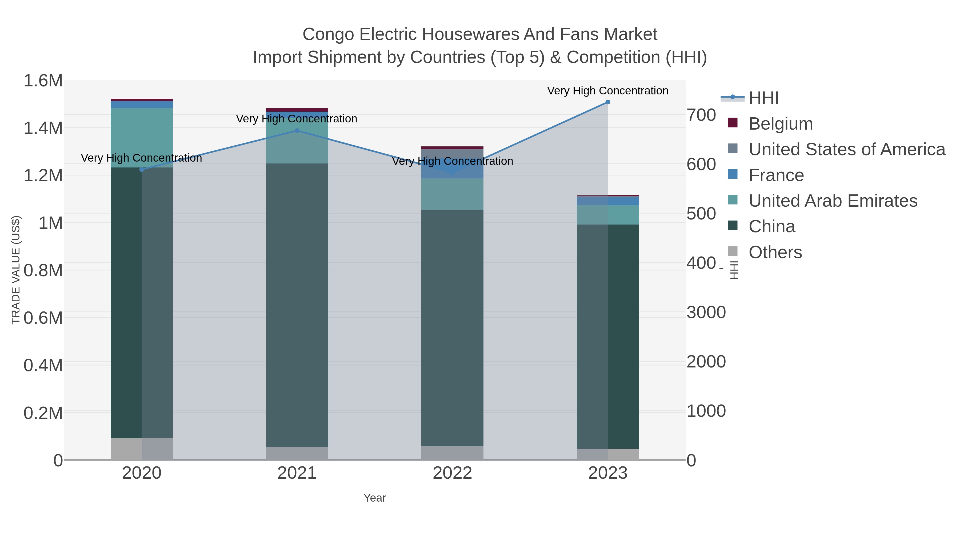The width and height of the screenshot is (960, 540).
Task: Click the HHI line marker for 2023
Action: [608, 102]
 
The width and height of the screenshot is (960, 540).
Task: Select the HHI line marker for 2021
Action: [297, 131]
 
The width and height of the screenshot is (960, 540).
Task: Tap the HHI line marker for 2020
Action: [142, 170]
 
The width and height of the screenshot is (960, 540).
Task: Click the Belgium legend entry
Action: [780, 124]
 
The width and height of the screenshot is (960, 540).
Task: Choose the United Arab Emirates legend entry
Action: [833, 201]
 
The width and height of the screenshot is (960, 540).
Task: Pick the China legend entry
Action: [771, 227]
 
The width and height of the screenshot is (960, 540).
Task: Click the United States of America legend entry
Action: [846, 149]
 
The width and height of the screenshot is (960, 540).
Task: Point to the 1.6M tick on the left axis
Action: [43, 81]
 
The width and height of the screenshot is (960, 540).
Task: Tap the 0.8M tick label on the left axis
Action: [43, 271]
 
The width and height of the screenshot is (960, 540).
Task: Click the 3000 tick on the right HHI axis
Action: [706, 312]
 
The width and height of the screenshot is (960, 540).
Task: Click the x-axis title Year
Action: [375, 498]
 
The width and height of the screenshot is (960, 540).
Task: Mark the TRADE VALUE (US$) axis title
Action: [16, 270]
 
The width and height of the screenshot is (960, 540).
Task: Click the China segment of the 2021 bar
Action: [297, 306]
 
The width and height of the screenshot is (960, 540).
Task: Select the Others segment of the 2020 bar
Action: [142, 449]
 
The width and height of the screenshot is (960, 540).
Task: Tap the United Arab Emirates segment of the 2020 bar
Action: [142, 138]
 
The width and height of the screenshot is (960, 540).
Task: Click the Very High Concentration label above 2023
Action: [607, 91]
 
